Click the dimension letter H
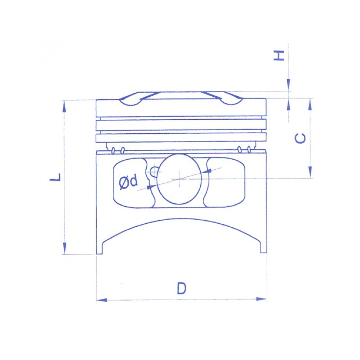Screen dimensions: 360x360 279,55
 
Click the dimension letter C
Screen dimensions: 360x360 300,138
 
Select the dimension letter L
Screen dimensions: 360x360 55,177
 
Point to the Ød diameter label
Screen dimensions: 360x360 129,182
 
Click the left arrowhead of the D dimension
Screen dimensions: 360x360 102,300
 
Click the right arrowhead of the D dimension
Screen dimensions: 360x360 261,299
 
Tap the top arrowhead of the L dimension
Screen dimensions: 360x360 64,106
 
